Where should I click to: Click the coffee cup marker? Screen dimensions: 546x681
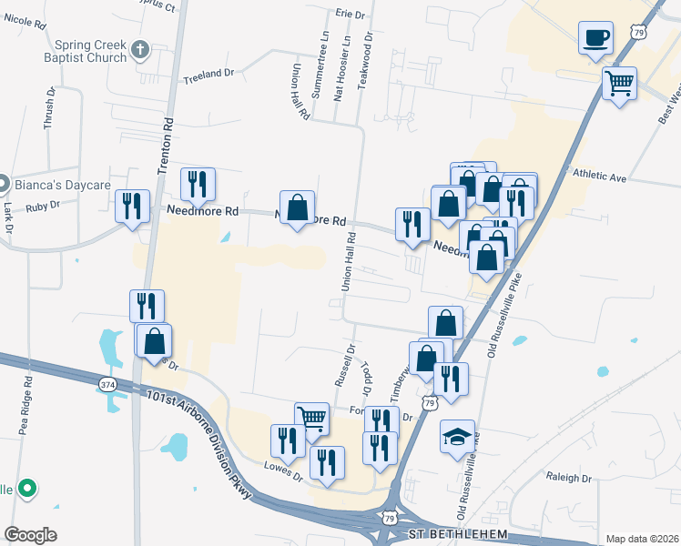595,38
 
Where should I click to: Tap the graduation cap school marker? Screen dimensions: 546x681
457,437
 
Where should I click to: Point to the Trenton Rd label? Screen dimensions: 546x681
166,146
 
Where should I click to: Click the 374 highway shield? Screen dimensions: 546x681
108,385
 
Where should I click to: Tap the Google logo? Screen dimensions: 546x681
30,534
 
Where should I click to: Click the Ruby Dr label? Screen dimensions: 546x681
43,206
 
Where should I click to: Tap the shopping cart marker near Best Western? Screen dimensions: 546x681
619,84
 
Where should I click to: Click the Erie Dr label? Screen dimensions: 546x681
350,14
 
